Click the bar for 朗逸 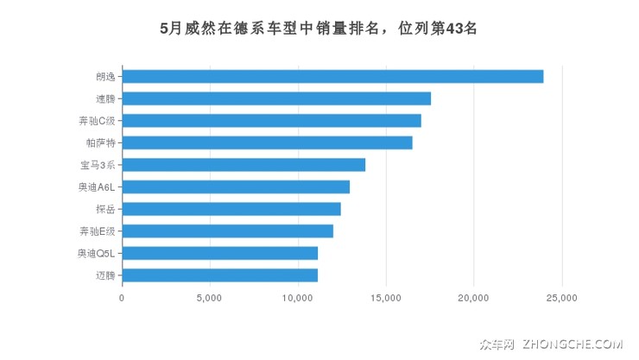(x=332, y=77)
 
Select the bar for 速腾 (x=276, y=98)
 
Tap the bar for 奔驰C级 (x=271, y=121)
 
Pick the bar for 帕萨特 (x=267, y=142)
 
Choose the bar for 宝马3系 (x=244, y=165)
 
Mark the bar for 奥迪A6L (x=236, y=186)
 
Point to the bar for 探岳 (x=231, y=209)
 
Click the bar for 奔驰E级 (x=227, y=231)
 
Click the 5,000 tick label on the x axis (x=210, y=299)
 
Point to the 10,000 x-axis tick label (x=298, y=299)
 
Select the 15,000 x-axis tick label (x=386, y=299)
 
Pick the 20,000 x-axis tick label (x=474, y=299)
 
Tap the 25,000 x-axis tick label (x=562, y=299)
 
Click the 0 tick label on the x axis (x=122, y=299)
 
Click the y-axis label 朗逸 (x=105, y=77)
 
